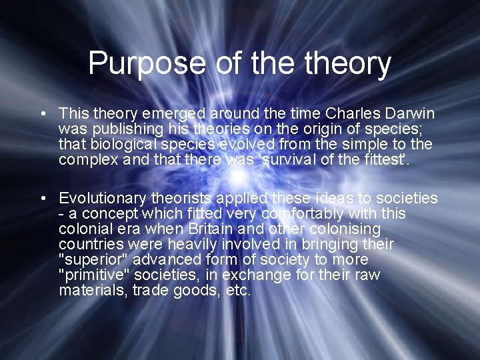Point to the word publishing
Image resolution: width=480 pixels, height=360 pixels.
125,129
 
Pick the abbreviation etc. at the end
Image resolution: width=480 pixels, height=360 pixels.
239,290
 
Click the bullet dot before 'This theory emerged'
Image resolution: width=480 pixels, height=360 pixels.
42,114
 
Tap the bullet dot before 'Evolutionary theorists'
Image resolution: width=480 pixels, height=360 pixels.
42,199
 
